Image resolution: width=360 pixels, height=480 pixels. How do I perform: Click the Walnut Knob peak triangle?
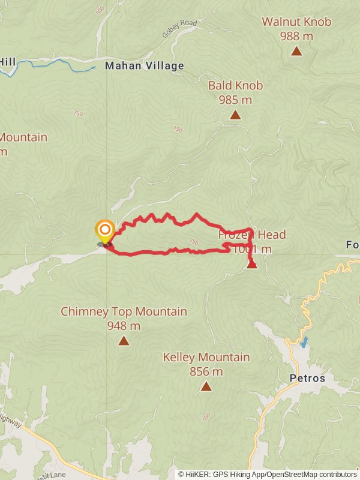tap(296, 51)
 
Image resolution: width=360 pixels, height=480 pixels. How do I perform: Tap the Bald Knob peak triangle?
tap(235, 115)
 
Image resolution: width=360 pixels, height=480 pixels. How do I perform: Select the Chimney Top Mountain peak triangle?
tap(124, 341)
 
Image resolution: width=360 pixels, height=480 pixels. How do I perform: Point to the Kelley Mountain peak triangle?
tap(206, 386)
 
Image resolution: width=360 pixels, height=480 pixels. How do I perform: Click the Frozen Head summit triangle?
tap(252, 264)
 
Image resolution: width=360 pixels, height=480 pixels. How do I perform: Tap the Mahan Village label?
tap(145, 66)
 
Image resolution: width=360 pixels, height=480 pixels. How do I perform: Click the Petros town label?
tap(307, 379)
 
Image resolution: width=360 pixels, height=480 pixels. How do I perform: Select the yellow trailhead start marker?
tap(105, 230)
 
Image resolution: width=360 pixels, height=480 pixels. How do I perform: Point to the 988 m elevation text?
tap(296, 36)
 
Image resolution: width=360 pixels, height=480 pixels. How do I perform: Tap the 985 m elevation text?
tap(235, 100)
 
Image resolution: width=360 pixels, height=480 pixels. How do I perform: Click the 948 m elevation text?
tap(124, 326)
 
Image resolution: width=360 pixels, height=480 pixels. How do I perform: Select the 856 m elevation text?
tap(206, 371)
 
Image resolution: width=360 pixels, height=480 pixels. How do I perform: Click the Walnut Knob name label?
tap(296, 22)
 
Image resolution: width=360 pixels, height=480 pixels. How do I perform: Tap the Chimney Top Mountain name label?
tap(124, 311)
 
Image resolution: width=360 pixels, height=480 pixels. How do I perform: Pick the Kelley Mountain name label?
tap(206, 357)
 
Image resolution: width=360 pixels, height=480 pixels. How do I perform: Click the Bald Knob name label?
tap(235, 85)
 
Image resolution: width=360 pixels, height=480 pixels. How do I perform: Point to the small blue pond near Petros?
tap(305, 343)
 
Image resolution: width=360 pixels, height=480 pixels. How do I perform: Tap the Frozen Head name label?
tap(252, 235)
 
